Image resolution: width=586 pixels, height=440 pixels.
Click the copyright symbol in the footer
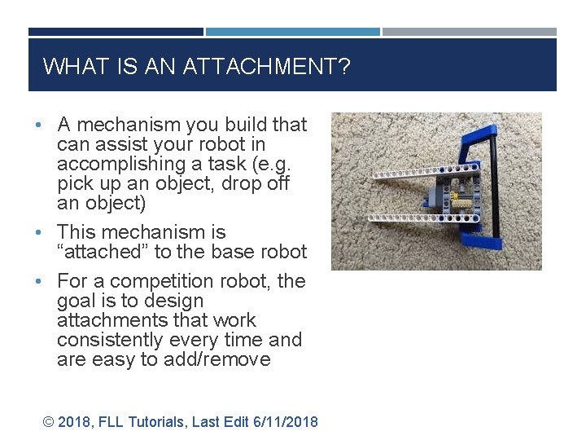[48, 421]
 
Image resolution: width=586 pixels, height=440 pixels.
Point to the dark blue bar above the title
[116, 32]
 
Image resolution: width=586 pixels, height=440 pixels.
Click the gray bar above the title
[470, 32]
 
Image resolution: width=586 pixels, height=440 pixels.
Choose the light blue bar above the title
[293, 32]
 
